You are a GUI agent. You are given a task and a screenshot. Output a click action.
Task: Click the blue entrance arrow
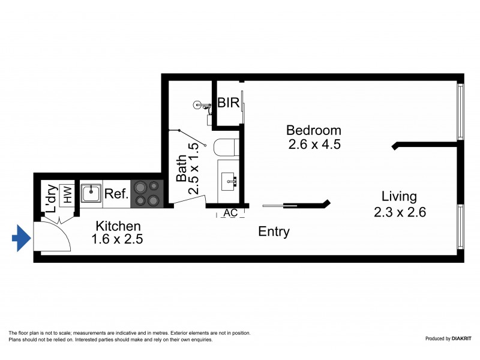click(x=21, y=238)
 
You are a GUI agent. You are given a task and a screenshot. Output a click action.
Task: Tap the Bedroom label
click(x=313, y=130)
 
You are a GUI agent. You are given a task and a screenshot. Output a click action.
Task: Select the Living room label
click(x=399, y=197)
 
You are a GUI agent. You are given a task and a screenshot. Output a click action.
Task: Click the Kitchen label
click(x=119, y=226)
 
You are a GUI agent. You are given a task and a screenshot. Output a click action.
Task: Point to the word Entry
click(x=274, y=232)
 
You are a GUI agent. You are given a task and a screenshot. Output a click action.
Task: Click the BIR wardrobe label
click(x=229, y=103)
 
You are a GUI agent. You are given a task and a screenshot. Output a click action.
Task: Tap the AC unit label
click(x=230, y=212)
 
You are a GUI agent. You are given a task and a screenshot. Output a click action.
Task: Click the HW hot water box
click(x=68, y=194)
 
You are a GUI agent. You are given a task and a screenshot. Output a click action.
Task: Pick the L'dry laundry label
click(x=50, y=197)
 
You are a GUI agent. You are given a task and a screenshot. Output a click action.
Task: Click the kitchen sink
click(x=91, y=193)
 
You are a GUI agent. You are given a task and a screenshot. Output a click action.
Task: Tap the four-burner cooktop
click(x=147, y=194)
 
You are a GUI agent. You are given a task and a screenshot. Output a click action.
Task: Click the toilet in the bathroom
click(x=226, y=147)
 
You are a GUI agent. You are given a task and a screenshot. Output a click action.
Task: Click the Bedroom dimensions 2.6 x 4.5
click(x=313, y=145)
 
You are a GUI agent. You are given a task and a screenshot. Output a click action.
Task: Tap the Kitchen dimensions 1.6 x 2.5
click(x=118, y=239)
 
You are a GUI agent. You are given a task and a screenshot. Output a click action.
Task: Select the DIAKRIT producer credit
click(x=447, y=339)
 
